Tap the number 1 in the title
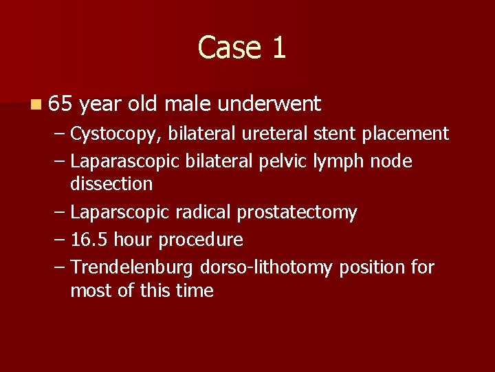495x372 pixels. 278,48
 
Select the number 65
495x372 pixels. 60,103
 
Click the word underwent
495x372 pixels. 269,103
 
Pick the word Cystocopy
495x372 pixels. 113,133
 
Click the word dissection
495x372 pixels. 111,184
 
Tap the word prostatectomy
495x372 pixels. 297,212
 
